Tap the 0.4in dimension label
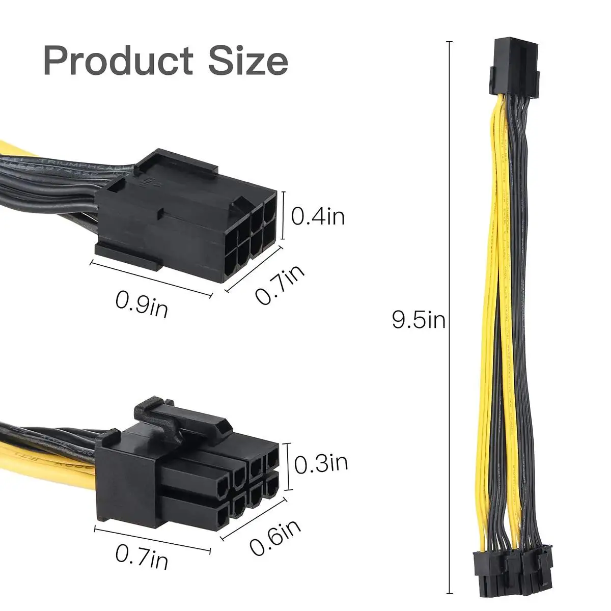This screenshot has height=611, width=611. click(x=318, y=216)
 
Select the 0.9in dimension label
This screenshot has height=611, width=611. click(x=142, y=304)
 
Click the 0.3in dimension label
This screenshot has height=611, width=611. click(x=321, y=463)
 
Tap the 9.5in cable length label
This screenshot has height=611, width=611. click(x=419, y=320)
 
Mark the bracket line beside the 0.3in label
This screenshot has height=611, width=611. click(x=288, y=466)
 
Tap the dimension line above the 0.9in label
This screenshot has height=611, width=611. click(x=151, y=279)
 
